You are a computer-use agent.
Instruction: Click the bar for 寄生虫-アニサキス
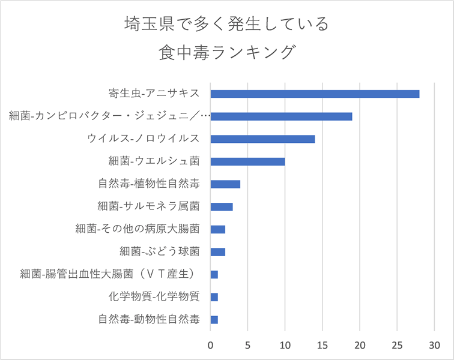pos(315,94)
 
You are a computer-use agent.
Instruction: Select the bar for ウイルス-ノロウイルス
pos(262,139)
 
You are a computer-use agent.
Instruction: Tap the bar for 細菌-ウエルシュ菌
pos(247,161)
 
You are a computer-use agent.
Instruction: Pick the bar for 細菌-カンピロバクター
pos(281,116)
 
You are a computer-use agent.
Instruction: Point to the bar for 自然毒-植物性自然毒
pos(225,184)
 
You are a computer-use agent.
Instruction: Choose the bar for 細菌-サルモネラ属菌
pos(222,206)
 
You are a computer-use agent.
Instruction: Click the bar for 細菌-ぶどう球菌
pos(218,251)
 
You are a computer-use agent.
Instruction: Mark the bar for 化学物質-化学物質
pos(214,297)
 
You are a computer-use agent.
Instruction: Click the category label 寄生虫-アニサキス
pos(154,94)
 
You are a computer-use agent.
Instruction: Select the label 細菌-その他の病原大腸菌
pos(138,229)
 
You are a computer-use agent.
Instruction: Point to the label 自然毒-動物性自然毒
pos(149,320)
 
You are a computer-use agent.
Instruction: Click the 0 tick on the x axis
pos(211,344)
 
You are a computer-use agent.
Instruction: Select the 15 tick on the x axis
pos(322,344)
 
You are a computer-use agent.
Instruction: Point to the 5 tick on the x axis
pos(248,344)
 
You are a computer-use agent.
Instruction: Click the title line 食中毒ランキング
pos(227,52)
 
